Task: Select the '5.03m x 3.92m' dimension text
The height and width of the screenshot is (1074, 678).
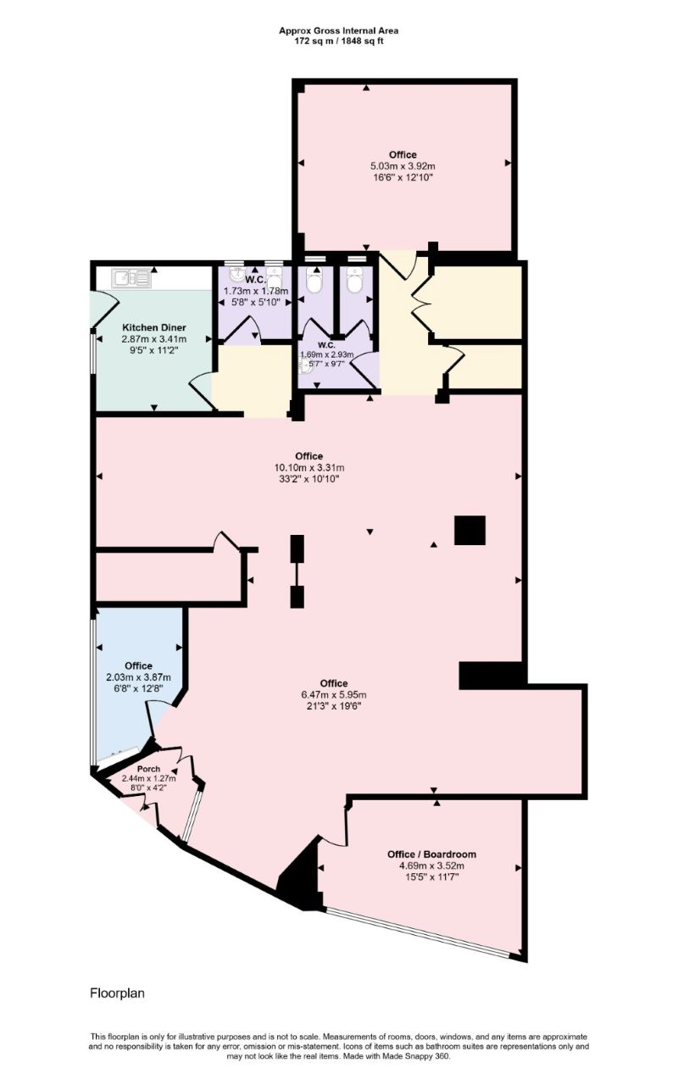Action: pyautogui.click(x=403, y=166)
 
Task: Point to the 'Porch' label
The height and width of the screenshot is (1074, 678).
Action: pyautogui.click(x=148, y=769)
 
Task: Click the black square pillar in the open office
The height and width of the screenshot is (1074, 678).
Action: pyautogui.click(x=470, y=530)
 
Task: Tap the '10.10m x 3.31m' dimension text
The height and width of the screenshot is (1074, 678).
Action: pyautogui.click(x=308, y=467)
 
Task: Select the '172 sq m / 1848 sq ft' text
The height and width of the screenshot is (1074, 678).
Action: pyautogui.click(x=339, y=40)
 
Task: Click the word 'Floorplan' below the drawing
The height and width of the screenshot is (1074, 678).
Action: pyautogui.click(x=117, y=992)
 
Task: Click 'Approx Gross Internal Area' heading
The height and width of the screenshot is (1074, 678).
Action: pyautogui.click(x=339, y=30)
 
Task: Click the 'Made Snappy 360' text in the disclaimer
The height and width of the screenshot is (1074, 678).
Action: pyautogui.click(x=419, y=1055)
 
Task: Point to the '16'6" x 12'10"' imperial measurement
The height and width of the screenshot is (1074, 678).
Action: pyautogui.click(x=403, y=178)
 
